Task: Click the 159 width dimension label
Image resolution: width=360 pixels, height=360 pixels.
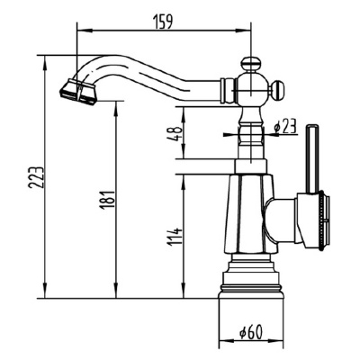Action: click(x=163, y=22)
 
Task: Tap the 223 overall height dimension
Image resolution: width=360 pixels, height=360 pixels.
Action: click(x=36, y=177)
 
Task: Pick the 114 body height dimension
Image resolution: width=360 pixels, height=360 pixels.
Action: click(x=175, y=238)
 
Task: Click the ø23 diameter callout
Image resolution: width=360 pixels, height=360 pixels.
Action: click(x=285, y=126)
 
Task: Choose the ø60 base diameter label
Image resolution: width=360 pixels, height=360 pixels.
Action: click(x=251, y=332)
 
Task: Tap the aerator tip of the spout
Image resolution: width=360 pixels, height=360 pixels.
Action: click(x=77, y=92)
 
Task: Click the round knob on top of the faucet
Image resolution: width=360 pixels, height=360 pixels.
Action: click(x=250, y=64)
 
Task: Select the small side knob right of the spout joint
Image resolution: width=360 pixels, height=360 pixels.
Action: click(x=277, y=89)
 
